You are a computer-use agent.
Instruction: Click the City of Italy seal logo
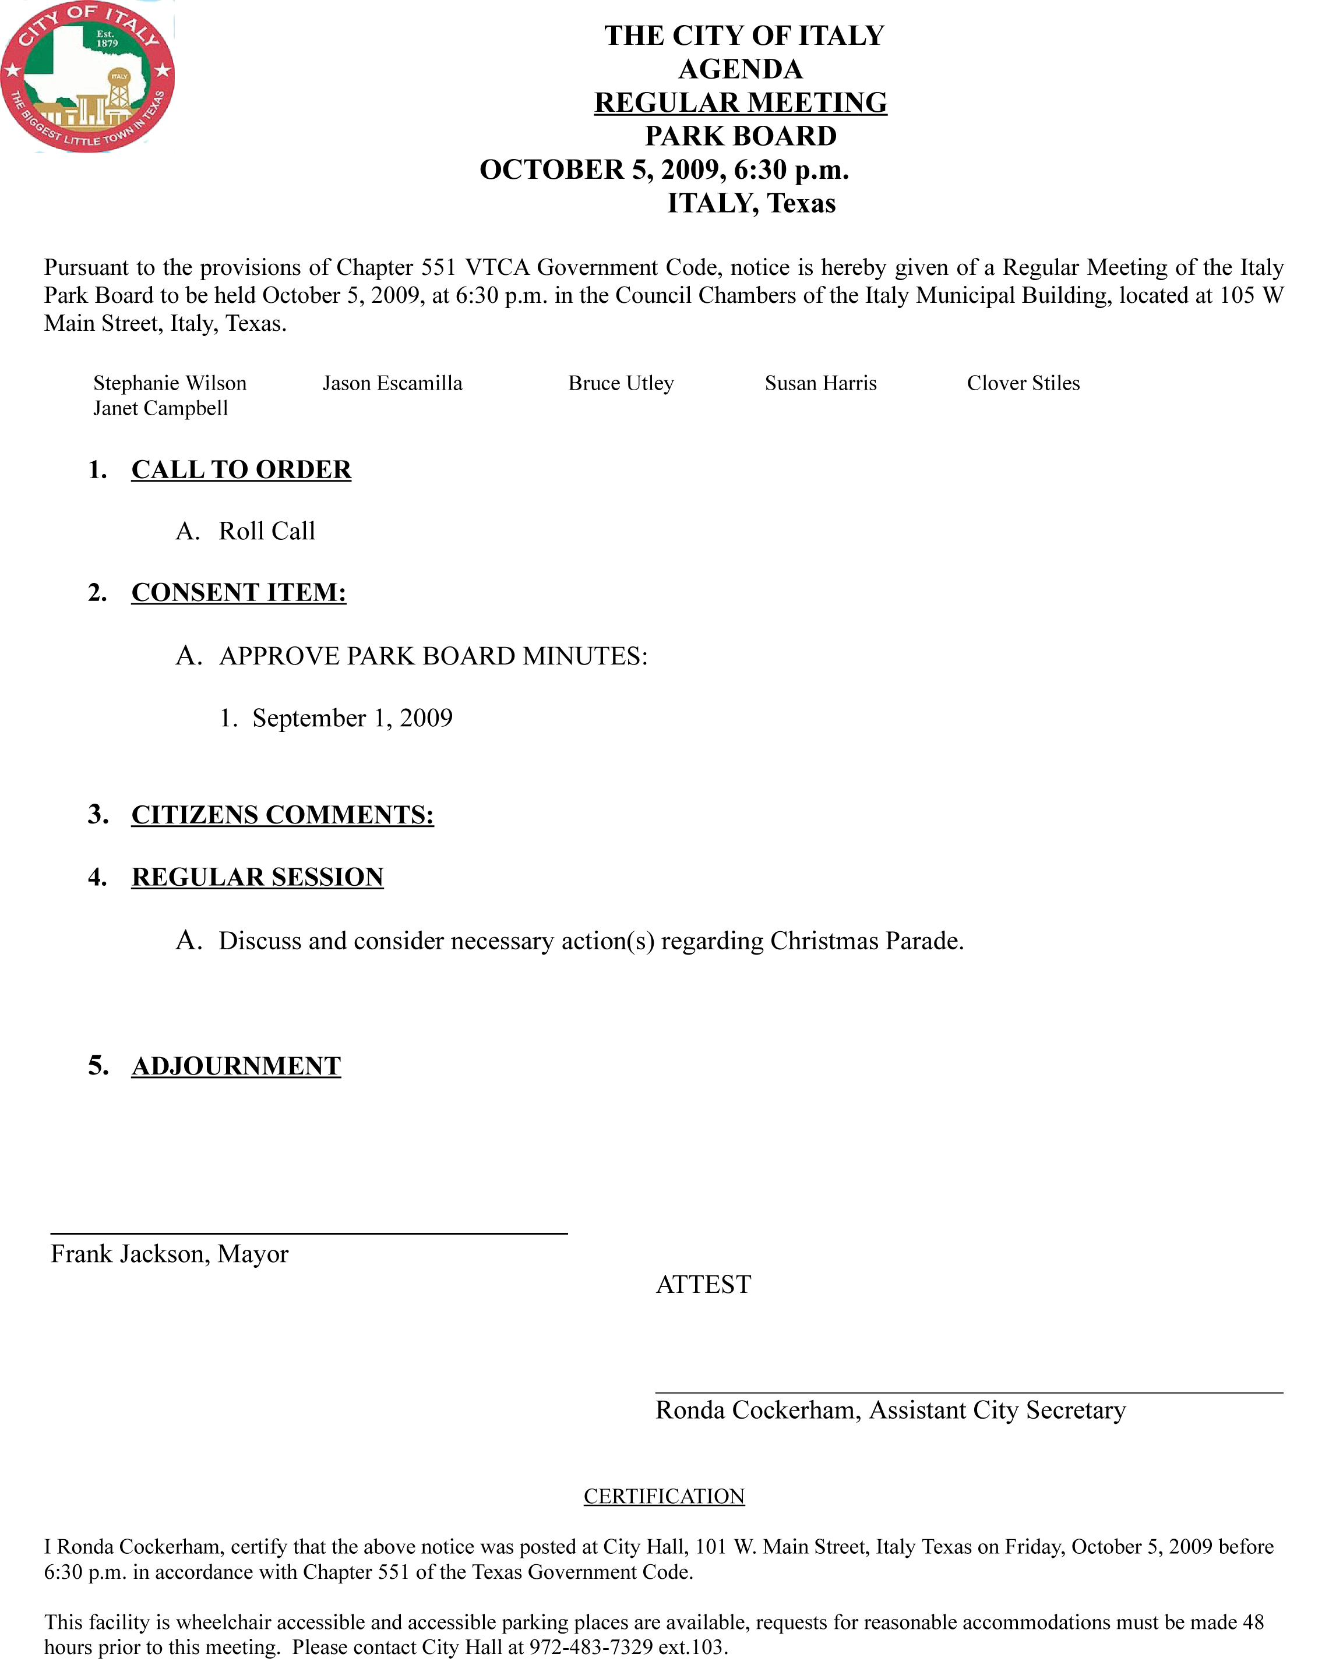point(87,76)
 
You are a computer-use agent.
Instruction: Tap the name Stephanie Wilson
point(170,384)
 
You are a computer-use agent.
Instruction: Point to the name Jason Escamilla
point(392,384)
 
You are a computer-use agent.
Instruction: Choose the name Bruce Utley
point(621,384)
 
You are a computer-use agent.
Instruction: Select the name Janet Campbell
point(160,408)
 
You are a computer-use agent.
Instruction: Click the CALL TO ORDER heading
point(241,469)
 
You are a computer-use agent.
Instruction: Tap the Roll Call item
point(267,531)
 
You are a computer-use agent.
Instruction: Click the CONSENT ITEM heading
point(238,592)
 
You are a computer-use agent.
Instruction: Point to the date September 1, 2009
point(352,719)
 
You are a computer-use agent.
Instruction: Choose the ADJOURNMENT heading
point(236,1066)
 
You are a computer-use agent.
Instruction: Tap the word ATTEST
point(703,1285)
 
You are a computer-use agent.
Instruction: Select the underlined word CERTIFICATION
point(664,1497)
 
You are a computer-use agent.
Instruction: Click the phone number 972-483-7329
point(591,1647)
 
